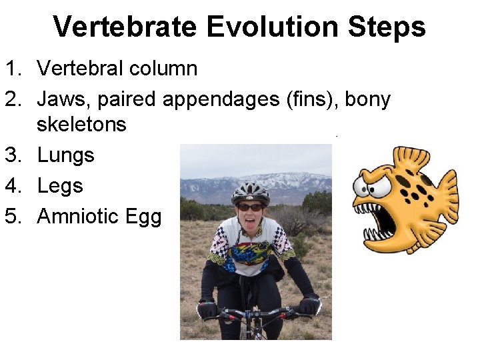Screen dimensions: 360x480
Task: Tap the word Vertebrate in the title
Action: pyautogui.click(x=125, y=27)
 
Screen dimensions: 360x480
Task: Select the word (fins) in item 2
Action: pyautogui.click(x=304, y=99)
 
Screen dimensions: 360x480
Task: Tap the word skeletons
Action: pyautogui.click(x=81, y=124)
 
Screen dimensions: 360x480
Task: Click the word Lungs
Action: pyautogui.click(x=65, y=155)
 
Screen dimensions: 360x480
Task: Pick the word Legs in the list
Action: pyautogui.click(x=60, y=186)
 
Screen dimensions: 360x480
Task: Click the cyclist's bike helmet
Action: pyautogui.click(x=251, y=192)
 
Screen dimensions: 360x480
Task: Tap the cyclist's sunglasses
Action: pyautogui.click(x=250, y=207)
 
